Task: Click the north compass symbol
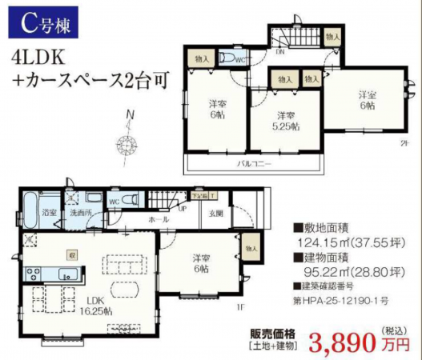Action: pyautogui.click(x=127, y=144)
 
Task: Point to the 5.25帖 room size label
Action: pyautogui.click(x=283, y=126)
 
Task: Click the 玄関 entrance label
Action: pyautogui.click(x=216, y=213)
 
